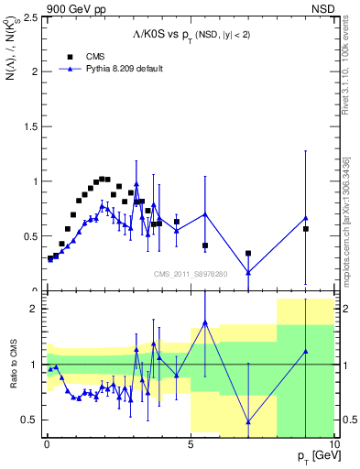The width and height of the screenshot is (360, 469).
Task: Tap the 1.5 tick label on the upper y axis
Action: [x=28, y=126]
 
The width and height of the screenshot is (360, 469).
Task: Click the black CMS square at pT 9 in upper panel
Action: [x=306, y=229]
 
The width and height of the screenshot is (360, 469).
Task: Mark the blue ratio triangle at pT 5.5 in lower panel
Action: [x=205, y=322]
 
